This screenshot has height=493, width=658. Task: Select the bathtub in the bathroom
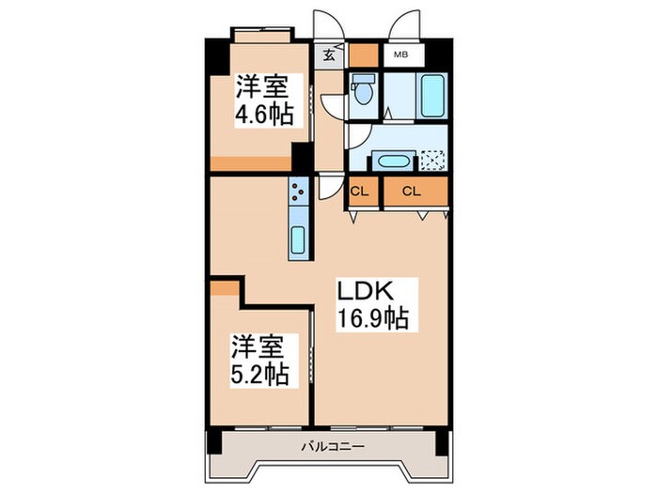pos(433,95)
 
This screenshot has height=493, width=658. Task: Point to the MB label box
pos(400,54)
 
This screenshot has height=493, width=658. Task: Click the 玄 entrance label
pos(330,54)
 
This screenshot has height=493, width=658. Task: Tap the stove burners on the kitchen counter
pos(298,195)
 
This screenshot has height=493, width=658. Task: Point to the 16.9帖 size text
pos(372,319)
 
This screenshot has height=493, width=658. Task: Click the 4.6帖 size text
pos(263,114)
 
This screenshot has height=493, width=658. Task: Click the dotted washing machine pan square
pos(433,161)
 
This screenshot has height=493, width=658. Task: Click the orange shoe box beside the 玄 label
pos(362,54)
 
